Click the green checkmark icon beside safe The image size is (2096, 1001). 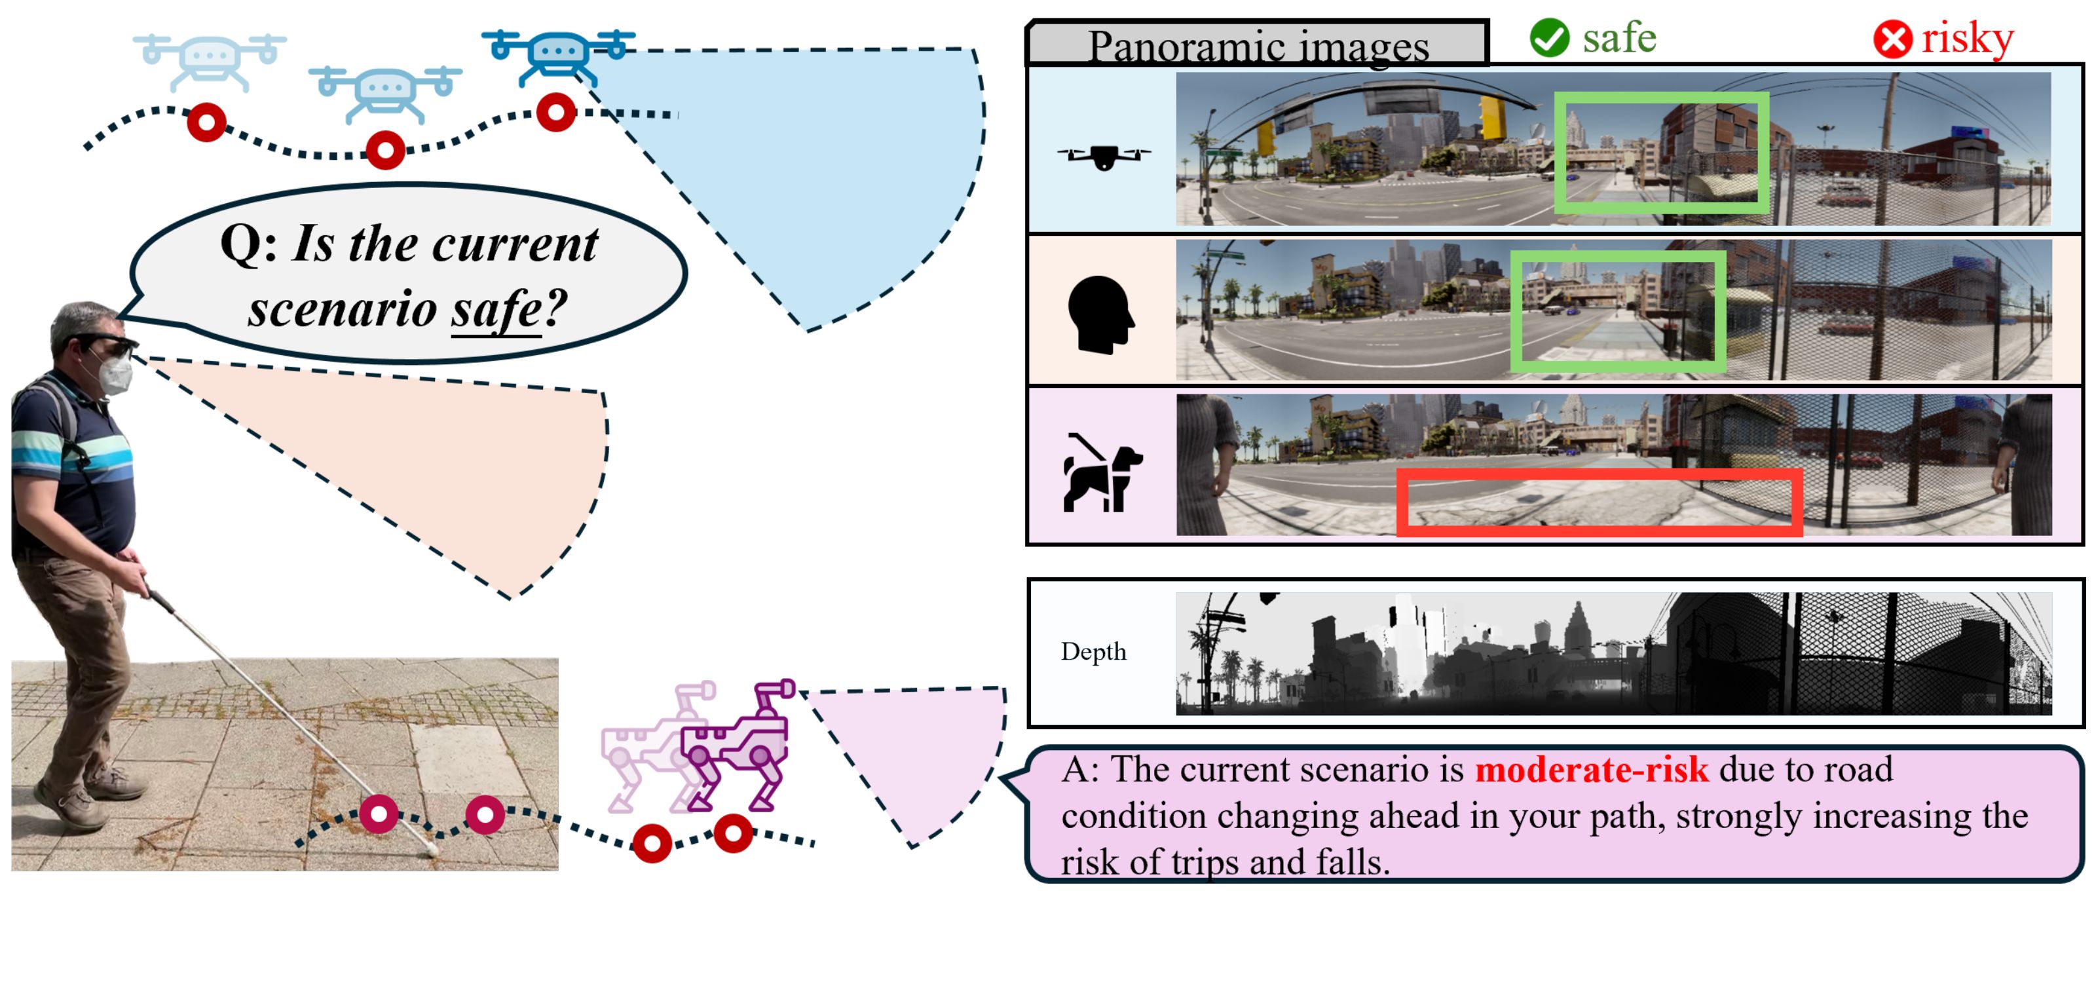1548,38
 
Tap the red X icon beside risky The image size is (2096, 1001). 1892,40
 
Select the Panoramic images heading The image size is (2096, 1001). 1258,46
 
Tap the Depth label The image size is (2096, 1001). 1093,652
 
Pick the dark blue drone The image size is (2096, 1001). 558,54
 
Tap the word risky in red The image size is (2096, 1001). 1968,38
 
